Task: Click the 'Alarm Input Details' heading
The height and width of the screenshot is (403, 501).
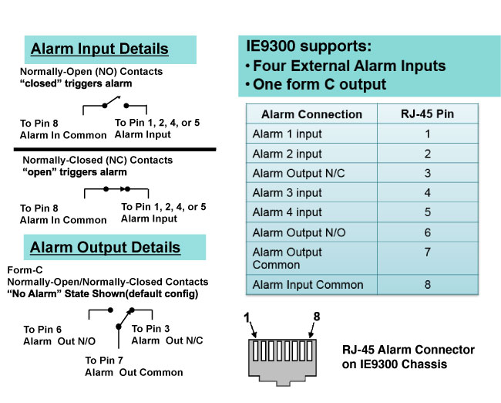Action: pyautogui.click(x=99, y=49)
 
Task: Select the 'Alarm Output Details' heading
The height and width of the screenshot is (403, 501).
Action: pyautogui.click(x=105, y=247)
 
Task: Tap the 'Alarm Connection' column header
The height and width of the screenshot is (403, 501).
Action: pyautogui.click(x=311, y=114)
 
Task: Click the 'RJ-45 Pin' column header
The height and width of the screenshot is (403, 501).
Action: pyautogui.click(x=428, y=114)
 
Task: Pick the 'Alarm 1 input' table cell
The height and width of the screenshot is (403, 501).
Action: pyautogui.click(x=287, y=134)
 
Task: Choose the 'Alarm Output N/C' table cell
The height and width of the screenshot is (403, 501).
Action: pyautogui.click(x=299, y=173)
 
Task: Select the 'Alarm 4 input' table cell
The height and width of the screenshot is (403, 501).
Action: pyautogui.click(x=287, y=212)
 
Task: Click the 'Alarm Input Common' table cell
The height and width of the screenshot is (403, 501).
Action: pyautogui.click(x=308, y=285)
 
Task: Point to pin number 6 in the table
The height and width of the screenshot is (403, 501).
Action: pyautogui.click(x=428, y=232)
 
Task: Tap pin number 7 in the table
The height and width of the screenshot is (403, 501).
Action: pyautogui.click(x=428, y=252)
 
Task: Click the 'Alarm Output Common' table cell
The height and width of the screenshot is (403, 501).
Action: pyautogui.click(x=287, y=259)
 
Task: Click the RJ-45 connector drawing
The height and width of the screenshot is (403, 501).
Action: pyautogui.click(x=282, y=362)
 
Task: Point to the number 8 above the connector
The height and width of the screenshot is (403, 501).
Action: pyautogui.click(x=317, y=317)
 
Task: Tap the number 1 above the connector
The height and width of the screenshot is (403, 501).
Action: pyautogui.click(x=247, y=317)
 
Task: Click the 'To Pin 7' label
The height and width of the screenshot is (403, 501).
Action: pyautogui.click(x=104, y=361)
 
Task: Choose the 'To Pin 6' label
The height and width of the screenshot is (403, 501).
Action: pyautogui.click(x=42, y=330)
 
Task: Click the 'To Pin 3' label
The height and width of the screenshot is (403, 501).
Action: pyautogui.click(x=150, y=328)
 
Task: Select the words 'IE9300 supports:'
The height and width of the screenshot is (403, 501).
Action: pyautogui.click(x=309, y=46)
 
